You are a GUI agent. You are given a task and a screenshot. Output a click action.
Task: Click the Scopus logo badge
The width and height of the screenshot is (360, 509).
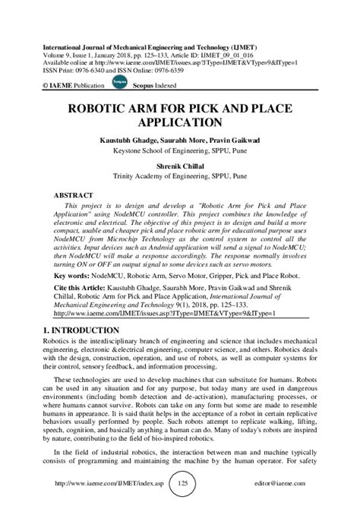96,79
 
